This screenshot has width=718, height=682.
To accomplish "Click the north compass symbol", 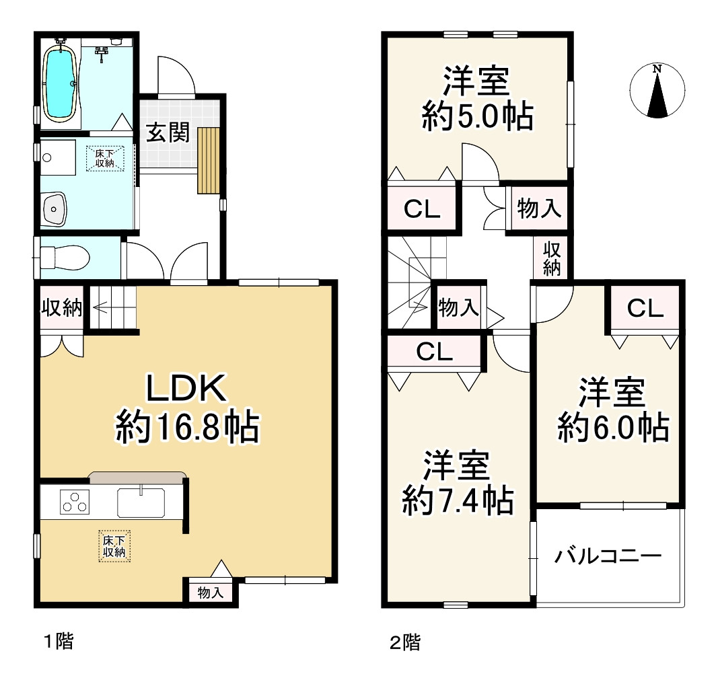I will pos(657,92).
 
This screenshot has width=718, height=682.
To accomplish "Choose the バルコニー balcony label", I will pos(608,556).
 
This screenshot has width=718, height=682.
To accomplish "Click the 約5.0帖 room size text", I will pos(477,117).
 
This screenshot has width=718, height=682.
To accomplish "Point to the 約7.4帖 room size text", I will pos(458,500).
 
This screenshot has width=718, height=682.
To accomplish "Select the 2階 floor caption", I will pos(405,642).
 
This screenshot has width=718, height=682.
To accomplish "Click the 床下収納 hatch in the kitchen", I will pos(115,545).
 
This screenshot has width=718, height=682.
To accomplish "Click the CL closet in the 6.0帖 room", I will pos(645,309).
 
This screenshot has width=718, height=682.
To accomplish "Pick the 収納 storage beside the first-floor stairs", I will pos(62,309).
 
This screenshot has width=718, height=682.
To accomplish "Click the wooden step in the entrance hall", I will pos(209,159).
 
